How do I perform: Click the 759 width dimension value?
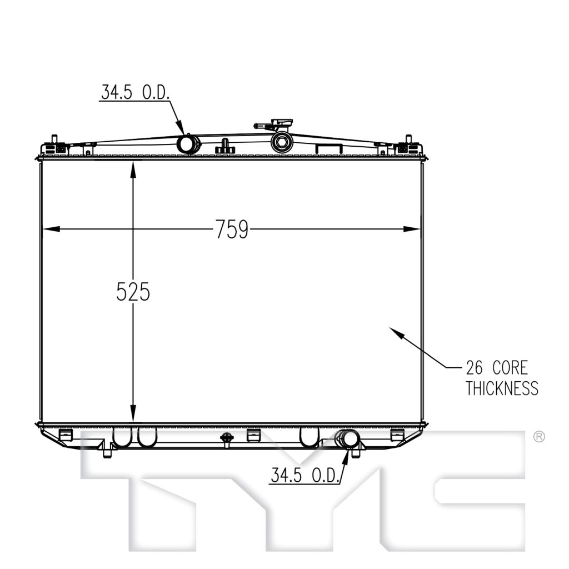[232, 229]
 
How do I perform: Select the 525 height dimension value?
[133, 291]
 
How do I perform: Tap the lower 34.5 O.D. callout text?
[305, 475]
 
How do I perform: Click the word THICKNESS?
[502, 388]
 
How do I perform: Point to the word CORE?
[510, 368]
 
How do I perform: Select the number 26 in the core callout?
[475, 368]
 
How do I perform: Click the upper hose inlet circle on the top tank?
[188, 144]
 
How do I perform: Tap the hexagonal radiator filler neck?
[282, 142]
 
